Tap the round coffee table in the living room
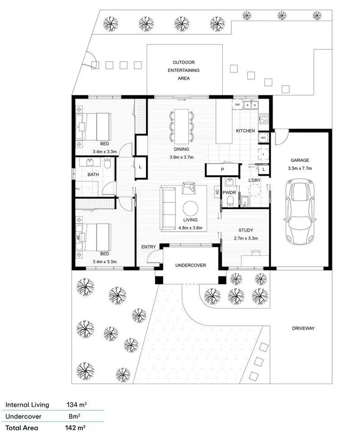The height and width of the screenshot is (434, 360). pos(190,208)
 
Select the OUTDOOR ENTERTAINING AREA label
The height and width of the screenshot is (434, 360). pos(184,70)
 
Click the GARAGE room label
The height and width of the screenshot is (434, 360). pos(300,160)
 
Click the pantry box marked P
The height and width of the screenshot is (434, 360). pos(222,170)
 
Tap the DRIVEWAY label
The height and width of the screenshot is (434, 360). pos(302,328)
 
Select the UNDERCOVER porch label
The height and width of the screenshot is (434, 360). pos(191,265)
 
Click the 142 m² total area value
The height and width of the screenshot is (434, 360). pos(76,428)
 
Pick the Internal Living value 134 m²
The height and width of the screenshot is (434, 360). pos(76,405)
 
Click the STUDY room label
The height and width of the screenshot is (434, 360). pos(246,230)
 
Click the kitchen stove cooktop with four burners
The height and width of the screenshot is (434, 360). pos(263,119)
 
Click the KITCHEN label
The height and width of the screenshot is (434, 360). pos(246,131)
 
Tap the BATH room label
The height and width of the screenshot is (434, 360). pos(93,174)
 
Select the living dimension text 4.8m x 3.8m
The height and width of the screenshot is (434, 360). pos(191,228)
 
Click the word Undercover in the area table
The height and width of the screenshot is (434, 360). pos(20,416)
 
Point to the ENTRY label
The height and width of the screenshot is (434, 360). pos(148,247)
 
